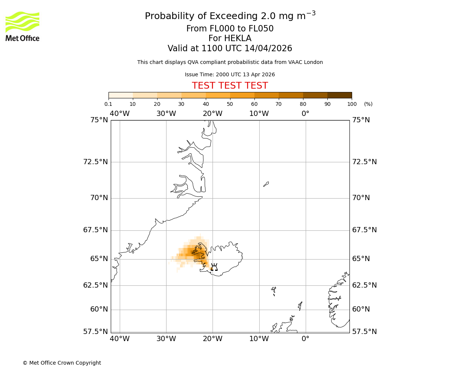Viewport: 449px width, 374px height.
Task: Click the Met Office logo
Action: click(22, 26)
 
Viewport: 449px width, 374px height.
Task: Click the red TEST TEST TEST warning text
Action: click(230, 86)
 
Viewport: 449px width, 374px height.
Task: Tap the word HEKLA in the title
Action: click(238, 39)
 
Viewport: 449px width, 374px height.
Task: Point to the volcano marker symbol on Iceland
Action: click(214, 267)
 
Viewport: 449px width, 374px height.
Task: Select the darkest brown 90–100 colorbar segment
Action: click(339, 95)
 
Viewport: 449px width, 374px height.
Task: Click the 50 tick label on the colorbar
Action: click(230, 104)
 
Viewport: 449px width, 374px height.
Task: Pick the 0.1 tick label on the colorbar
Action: click(109, 104)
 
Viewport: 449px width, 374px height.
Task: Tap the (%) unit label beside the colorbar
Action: click(368, 104)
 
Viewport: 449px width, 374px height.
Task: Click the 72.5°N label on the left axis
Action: click(95, 162)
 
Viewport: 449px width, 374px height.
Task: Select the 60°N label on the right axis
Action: click(361, 309)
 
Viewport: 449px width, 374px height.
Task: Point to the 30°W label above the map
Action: click(166, 114)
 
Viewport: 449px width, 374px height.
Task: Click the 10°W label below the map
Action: click(259, 339)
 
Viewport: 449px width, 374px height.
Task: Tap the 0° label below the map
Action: click(305, 339)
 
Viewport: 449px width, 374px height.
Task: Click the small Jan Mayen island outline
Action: click(266, 184)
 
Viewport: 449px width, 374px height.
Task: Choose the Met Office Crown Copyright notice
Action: click(62, 363)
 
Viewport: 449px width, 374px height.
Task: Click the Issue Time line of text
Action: click(230, 75)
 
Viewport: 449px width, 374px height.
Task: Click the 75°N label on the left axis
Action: click(99, 120)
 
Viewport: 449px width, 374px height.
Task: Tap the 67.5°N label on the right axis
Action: click(364, 230)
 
